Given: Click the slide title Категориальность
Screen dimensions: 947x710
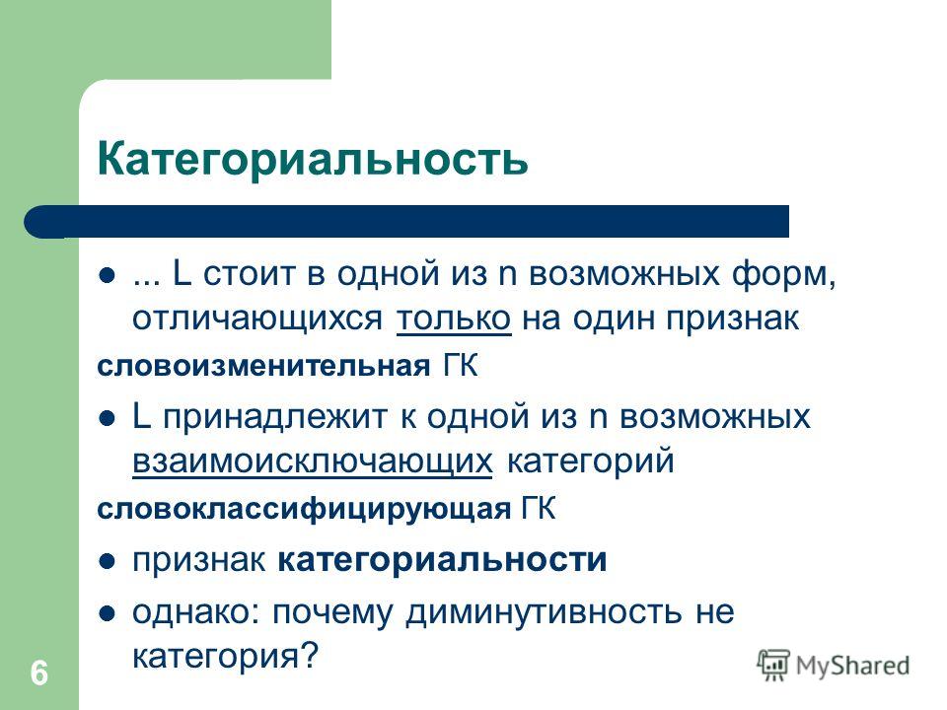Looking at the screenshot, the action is tap(313, 159).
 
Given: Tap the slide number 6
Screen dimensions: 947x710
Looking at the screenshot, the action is tap(39, 674).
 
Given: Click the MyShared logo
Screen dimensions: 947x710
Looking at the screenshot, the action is tap(834, 666).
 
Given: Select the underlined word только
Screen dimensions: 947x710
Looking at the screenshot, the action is tap(454, 318).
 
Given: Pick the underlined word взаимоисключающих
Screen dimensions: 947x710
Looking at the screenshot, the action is tap(313, 461).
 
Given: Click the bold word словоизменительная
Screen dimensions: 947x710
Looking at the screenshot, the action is tap(263, 366).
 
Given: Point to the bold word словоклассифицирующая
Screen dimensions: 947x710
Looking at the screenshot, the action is tap(304, 509).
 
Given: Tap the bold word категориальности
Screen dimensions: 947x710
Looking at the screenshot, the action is tap(442, 560).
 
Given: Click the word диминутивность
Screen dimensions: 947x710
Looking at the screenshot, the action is tap(544, 611).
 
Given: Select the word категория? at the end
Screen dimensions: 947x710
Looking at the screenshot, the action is tap(225, 657).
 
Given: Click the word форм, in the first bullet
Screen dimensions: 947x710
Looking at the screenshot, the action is tap(784, 273).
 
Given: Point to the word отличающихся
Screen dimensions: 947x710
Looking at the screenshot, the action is tap(257, 319).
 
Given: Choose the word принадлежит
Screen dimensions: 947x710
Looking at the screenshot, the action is tap(275, 417).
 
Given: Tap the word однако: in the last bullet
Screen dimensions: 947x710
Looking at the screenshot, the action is tap(196, 611).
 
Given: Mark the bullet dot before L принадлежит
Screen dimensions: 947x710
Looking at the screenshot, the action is tap(107, 419).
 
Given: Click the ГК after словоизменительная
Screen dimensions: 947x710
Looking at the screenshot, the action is tap(461, 366).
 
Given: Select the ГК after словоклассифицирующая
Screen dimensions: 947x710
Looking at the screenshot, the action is tap(539, 509).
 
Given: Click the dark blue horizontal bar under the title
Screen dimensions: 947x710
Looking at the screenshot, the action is tap(406, 222).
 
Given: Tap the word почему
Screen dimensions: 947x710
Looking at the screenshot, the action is tap(332, 613).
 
